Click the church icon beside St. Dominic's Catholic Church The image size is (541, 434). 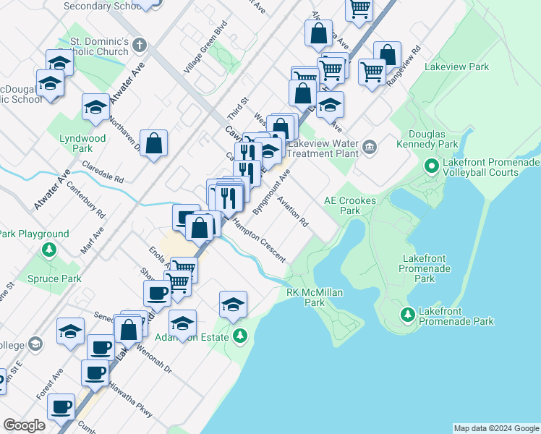click(x=140, y=46)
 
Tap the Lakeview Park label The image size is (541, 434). click(x=457, y=67)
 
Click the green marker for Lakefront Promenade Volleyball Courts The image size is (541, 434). click(x=432, y=167)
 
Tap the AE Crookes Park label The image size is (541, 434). click(x=342, y=205)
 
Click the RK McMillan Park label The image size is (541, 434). click(x=315, y=297)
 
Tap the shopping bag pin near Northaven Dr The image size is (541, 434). click(x=154, y=143)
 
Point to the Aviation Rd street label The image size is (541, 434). click(x=292, y=212)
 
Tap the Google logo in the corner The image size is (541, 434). click(x=24, y=425)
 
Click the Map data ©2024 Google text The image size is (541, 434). click(x=495, y=428)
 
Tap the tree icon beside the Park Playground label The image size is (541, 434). click(x=49, y=250)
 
